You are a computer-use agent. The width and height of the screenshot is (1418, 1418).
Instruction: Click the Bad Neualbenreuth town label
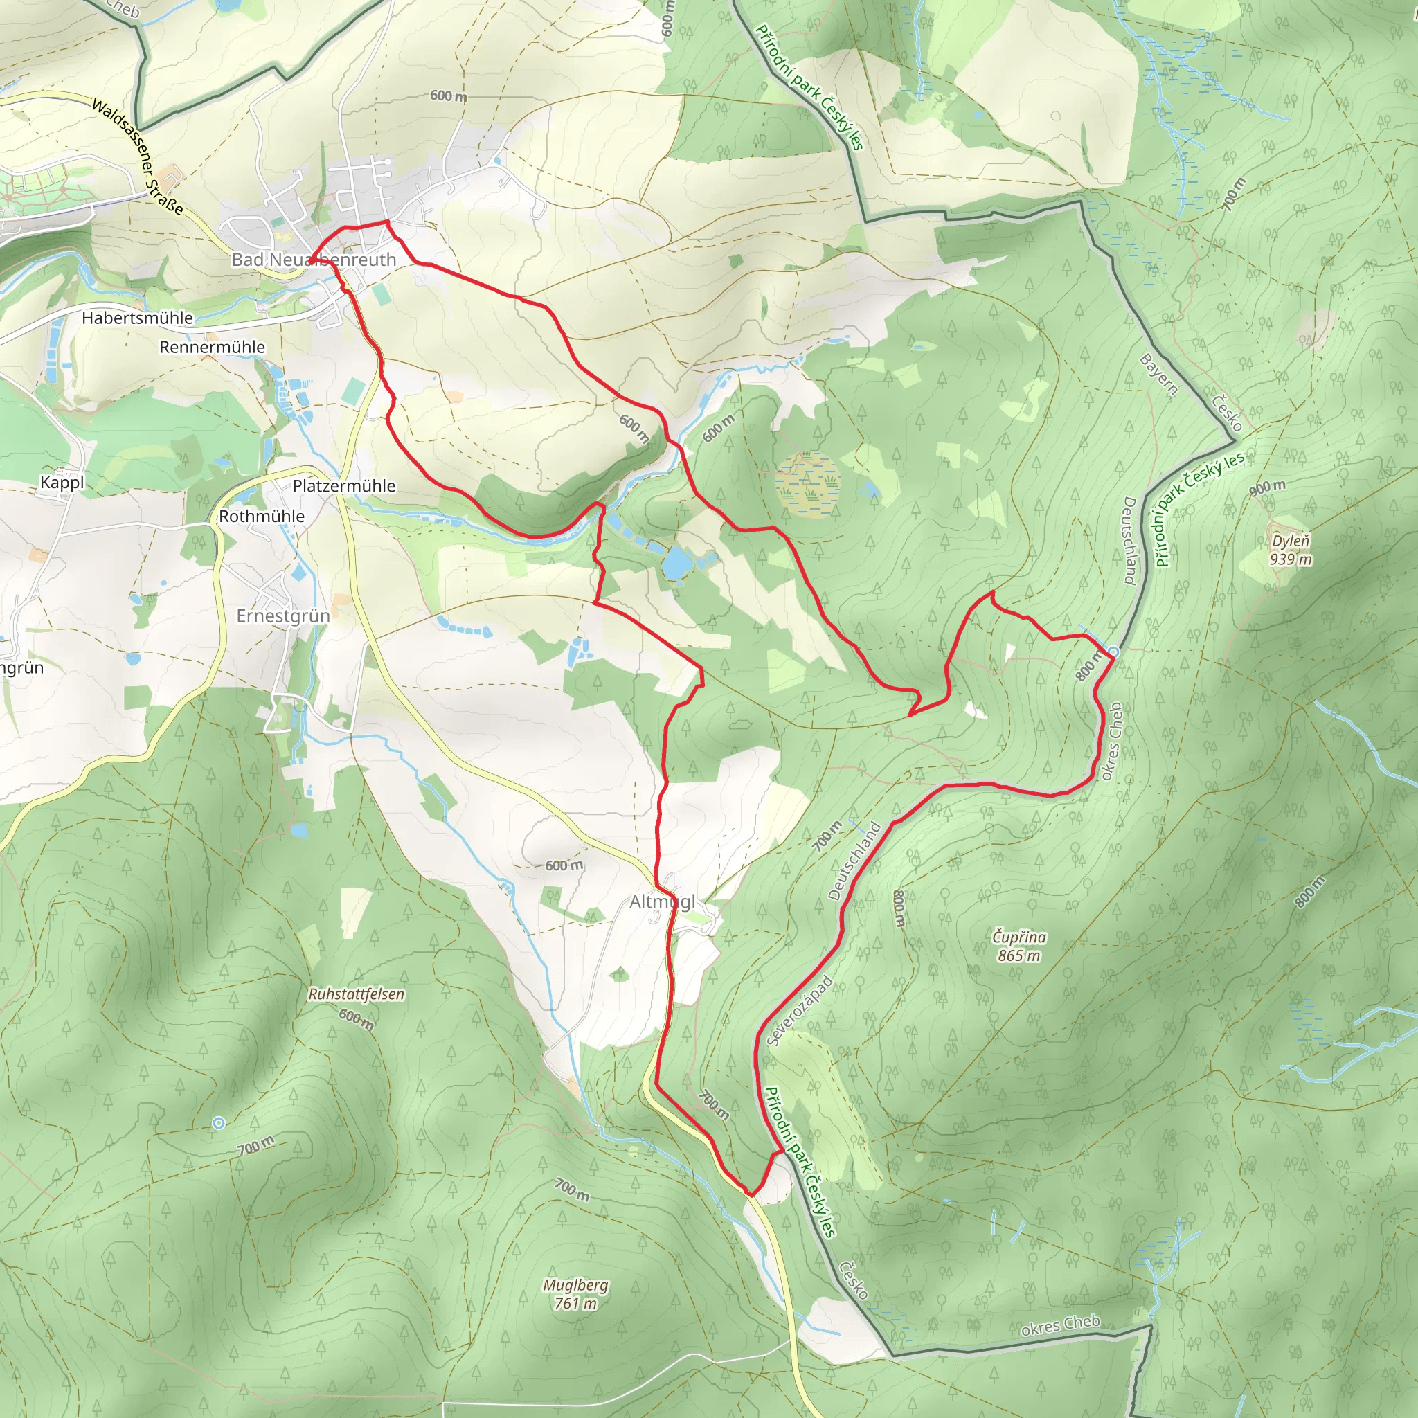pyautogui.click(x=314, y=260)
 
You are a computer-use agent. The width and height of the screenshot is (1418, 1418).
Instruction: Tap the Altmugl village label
pyautogui.click(x=662, y=901)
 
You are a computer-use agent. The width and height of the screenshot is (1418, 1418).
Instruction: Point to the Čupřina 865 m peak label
pyautogui.click(x=1018, y=946)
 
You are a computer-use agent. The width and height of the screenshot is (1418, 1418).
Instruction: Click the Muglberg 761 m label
pyautogui.click(x=575, y=1294)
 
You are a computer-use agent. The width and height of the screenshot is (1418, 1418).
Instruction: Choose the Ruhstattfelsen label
pyautogui.click(x=356, y=994)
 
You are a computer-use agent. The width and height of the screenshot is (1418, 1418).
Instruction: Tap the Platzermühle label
pyautogui.click(x=343, y=486)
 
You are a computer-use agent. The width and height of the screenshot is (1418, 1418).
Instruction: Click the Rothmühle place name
pyautogui.click(x=261, y=516)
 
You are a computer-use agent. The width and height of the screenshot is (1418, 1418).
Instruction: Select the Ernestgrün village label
pyautogui.click(x=282, y=616)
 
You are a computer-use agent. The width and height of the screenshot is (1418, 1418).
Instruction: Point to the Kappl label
pyautogui.click(x=62, y=482)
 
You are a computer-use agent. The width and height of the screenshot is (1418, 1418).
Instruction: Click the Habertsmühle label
pyautogui.click(x=137, y=318)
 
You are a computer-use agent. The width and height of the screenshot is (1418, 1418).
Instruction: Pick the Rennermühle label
pyautogui.click(x=212, y=347)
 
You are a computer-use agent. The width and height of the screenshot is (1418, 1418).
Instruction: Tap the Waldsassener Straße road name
pyautogui.click(x=137, y=156)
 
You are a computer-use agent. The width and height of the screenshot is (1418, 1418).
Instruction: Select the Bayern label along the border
pyautogui.click(x=1159, y=375)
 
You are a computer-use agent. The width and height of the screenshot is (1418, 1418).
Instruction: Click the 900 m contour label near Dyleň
pyautogui.click(x=1268, y=487)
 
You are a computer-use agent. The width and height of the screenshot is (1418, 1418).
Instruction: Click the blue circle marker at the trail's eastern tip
pyautogui.click(x=1113, y=652)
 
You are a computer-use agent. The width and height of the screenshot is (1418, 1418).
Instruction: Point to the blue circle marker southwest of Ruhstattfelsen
pyautogui.click(x=218, y=1123)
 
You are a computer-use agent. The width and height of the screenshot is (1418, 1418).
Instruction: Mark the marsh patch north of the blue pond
pyautogui.click(x=807, y=485)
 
